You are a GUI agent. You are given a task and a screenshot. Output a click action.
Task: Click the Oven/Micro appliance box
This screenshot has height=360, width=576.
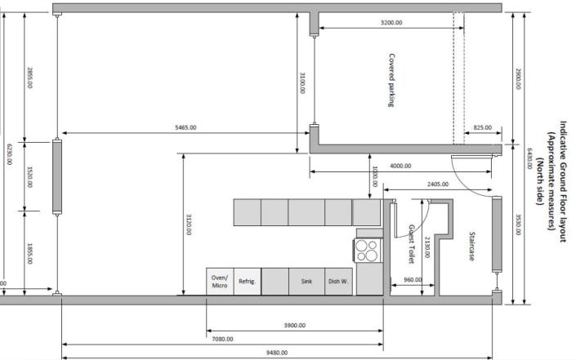[219, 281]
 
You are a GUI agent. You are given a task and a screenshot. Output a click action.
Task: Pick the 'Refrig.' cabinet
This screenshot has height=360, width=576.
[247, 281]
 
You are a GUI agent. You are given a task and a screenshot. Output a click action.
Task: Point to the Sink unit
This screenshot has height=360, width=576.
[306, 281]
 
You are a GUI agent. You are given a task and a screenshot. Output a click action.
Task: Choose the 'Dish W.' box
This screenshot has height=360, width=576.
[339, 281]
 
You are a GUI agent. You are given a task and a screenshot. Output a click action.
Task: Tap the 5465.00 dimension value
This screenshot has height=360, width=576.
[185, 128]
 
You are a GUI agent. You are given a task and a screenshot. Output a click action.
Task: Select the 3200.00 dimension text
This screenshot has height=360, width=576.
[391, 23]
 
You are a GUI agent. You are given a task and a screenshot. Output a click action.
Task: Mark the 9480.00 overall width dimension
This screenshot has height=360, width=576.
[278, 353]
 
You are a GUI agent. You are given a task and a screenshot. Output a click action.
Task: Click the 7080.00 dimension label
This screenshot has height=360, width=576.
[222, 339]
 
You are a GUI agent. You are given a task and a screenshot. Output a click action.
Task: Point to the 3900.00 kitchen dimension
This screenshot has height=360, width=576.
[294, 325]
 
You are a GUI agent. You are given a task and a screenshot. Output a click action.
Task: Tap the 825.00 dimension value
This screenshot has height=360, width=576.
[483, 128]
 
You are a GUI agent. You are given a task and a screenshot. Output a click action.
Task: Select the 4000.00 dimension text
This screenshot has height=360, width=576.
[400, 167]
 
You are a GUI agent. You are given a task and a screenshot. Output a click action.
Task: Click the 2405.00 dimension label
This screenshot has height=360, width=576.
[438, 184]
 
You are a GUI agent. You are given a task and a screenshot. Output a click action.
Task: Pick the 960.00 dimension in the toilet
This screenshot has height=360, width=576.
[413, 279]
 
